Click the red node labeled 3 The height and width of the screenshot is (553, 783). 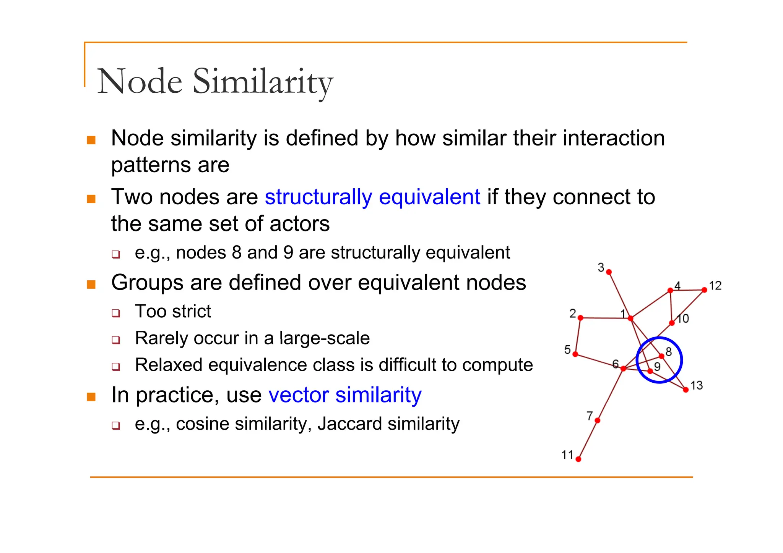pos(609,272)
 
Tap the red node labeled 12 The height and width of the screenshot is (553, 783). pos(704,290)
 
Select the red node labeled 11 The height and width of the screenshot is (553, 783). pos(578,459)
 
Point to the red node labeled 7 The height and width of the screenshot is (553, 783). pos(598,420)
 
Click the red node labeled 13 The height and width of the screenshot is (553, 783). pos(686,390)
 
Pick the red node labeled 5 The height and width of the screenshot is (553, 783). pos(575,354)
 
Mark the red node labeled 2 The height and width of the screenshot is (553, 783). pos(580,318)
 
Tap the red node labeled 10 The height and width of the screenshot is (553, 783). pos(672,323)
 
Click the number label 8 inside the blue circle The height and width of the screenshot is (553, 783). pos(669,351)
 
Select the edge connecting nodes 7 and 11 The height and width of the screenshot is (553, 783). pos(588,440)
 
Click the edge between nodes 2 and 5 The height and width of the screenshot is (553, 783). pos(578,336)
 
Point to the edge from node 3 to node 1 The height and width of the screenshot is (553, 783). pos(620,295)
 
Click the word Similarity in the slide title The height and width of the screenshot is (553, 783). pos(263,82)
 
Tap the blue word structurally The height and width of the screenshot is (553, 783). pos(318,197)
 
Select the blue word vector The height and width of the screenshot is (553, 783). pos(298,395)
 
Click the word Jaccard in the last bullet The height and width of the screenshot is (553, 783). pos(349,424)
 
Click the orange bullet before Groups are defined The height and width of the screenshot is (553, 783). pos(91,284)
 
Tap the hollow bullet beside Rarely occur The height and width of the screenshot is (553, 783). pos(116,340)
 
